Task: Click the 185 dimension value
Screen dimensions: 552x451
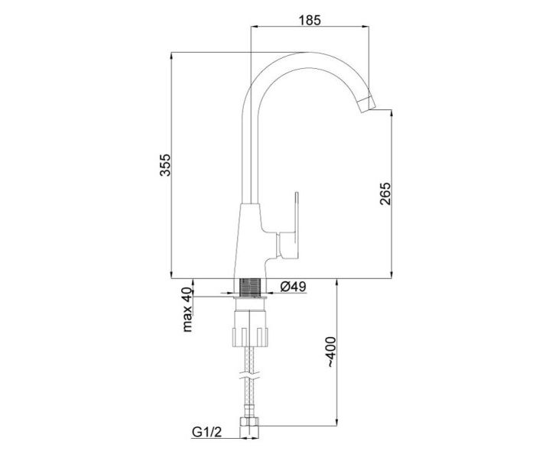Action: pyautogui.click(x=310, y=20)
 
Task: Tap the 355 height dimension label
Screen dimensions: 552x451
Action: pyautogui.click(x=165, y=165)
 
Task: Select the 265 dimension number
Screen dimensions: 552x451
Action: pyautogui.click(x=385, y=193)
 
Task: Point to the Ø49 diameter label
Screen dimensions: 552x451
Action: pyautogui.click(x=294, y=287)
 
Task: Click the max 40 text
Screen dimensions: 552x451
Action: pyautogui.click(x=187, y=310)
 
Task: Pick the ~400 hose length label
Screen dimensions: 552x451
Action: pyautogui.click(x=332, y=352)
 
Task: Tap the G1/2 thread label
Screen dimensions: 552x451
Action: pyautogui.click(x=207, y=432)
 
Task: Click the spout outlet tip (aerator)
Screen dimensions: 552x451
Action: pyautogui.click(x=365, y=104)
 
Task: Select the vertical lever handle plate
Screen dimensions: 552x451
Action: pyautogui.click(x=297, y=226)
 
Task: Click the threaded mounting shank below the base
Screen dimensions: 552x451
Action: pyautogui.click(x=249, y=287)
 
